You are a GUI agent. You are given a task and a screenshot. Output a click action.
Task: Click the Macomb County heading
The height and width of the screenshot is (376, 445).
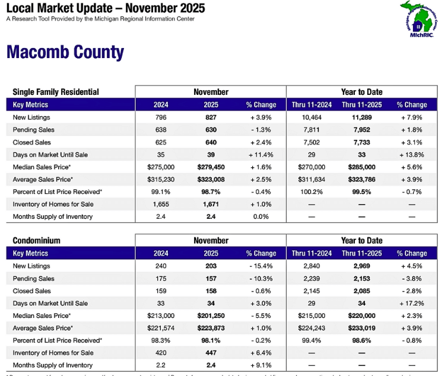pyautogui.click(x=65, y=52)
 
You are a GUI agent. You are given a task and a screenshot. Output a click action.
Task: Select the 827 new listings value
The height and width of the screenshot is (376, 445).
pyautogui.click(x=211, y=117)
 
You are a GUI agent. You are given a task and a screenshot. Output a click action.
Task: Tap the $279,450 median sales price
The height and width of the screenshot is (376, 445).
pyautogui.click(x=211, y=167)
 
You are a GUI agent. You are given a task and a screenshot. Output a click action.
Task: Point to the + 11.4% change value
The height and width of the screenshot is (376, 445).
pyautogui.click(x=260, y=155)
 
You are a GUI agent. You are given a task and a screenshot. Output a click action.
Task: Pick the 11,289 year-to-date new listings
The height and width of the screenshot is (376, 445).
pyautogui.click(x=361, y=117)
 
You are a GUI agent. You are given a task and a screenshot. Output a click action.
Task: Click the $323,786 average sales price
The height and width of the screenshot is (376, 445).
pyautogui.click(x=361, y=179)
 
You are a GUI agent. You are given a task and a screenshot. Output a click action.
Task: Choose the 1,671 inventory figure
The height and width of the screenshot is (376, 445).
pyautogui.click(x=211, y=204)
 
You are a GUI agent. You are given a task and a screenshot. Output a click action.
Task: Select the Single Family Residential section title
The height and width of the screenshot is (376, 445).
pyautogui.click(x=56, y=92)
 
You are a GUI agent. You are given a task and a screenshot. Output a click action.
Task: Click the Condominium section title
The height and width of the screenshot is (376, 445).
pyautogui.click(x=37, y=241)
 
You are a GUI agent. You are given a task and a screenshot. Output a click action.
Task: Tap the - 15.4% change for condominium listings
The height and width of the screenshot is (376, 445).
pyautogui.click(x=260, y=266)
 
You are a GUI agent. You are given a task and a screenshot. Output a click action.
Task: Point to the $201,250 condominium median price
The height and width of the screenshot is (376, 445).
pyautogui.click(x=211, y=316)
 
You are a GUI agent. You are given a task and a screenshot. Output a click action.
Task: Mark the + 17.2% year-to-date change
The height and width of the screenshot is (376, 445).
pyautogui.click(x=412, y=303)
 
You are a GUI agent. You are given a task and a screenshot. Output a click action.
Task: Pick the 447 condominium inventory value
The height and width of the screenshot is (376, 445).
pyautogui.click(x=211, y=353)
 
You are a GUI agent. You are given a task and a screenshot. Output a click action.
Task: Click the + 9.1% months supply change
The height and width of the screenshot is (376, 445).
pyautogui.click(x=260, y=365)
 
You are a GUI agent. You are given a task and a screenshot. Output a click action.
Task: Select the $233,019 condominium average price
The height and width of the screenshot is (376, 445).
pyautogui.click(x=361, y=328)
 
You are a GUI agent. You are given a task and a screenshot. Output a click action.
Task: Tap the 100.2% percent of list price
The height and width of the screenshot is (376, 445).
pyautogui.click(x=309, y=192)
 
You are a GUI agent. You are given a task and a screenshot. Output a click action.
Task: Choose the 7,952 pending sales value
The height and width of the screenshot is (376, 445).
pyautogui.click(x=361, y=130)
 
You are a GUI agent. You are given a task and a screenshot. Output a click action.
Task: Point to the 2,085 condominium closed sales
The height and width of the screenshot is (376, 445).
pyautogui.click(x=361, y=291)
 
